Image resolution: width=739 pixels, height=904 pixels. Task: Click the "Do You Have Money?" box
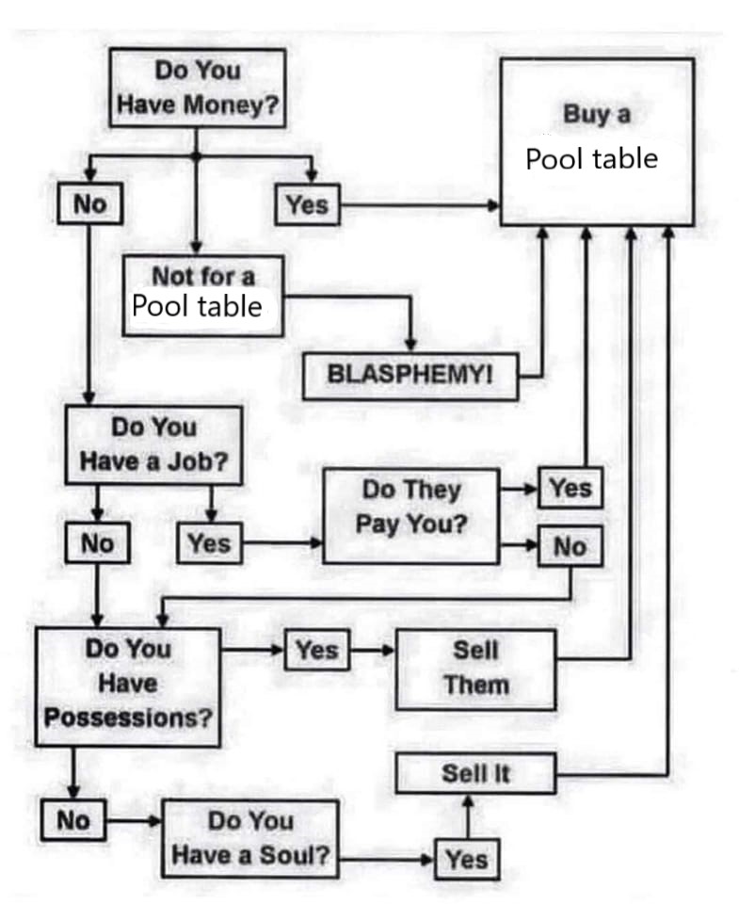coord(198,89)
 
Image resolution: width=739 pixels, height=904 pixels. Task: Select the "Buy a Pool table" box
coord(597,141)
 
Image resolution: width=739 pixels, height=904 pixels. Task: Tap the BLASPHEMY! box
coord(410,376)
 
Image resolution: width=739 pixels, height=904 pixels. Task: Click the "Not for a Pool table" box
coord(203,296)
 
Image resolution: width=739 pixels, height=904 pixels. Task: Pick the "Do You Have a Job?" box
coord(153,445)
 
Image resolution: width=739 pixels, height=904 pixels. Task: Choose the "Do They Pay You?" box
coord(411,516)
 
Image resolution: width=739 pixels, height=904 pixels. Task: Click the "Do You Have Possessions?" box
coord(128,687)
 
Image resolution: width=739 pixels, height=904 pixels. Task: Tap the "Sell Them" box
coord(476,670)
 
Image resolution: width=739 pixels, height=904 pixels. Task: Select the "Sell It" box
coord(476,773)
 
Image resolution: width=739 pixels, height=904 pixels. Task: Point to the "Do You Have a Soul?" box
coord(250,839)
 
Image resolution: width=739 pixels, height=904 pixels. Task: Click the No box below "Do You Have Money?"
coord(90,203)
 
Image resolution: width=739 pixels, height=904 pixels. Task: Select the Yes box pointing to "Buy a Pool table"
coord(308,204)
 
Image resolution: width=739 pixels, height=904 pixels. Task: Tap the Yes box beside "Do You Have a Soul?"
coord(467,860)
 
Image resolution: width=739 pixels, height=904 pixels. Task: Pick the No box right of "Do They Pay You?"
coord(570,546)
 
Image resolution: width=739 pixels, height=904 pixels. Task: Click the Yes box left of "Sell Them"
coord(317,650)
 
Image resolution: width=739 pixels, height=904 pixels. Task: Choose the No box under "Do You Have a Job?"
coord(97,542)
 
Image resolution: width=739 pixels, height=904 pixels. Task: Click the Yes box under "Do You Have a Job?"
coord(209,542)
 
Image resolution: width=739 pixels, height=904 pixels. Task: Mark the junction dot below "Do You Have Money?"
coord(196,155)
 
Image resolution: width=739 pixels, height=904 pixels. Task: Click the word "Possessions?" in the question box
coord(128,718)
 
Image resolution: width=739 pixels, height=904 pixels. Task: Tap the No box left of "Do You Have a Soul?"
coord(73,820)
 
